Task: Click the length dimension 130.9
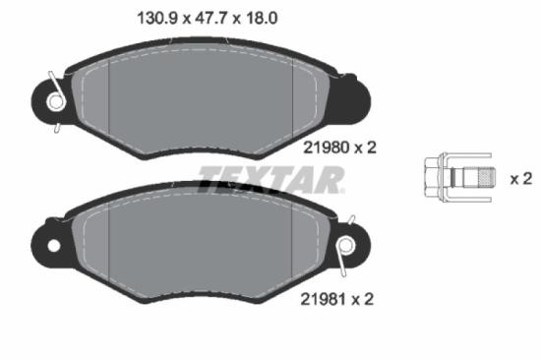point(150,17)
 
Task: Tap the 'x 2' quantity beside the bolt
point(520,179)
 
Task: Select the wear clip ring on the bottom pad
point(346,245)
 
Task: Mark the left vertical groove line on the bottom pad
point(107,241)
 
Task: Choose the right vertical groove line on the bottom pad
point(294,241)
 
